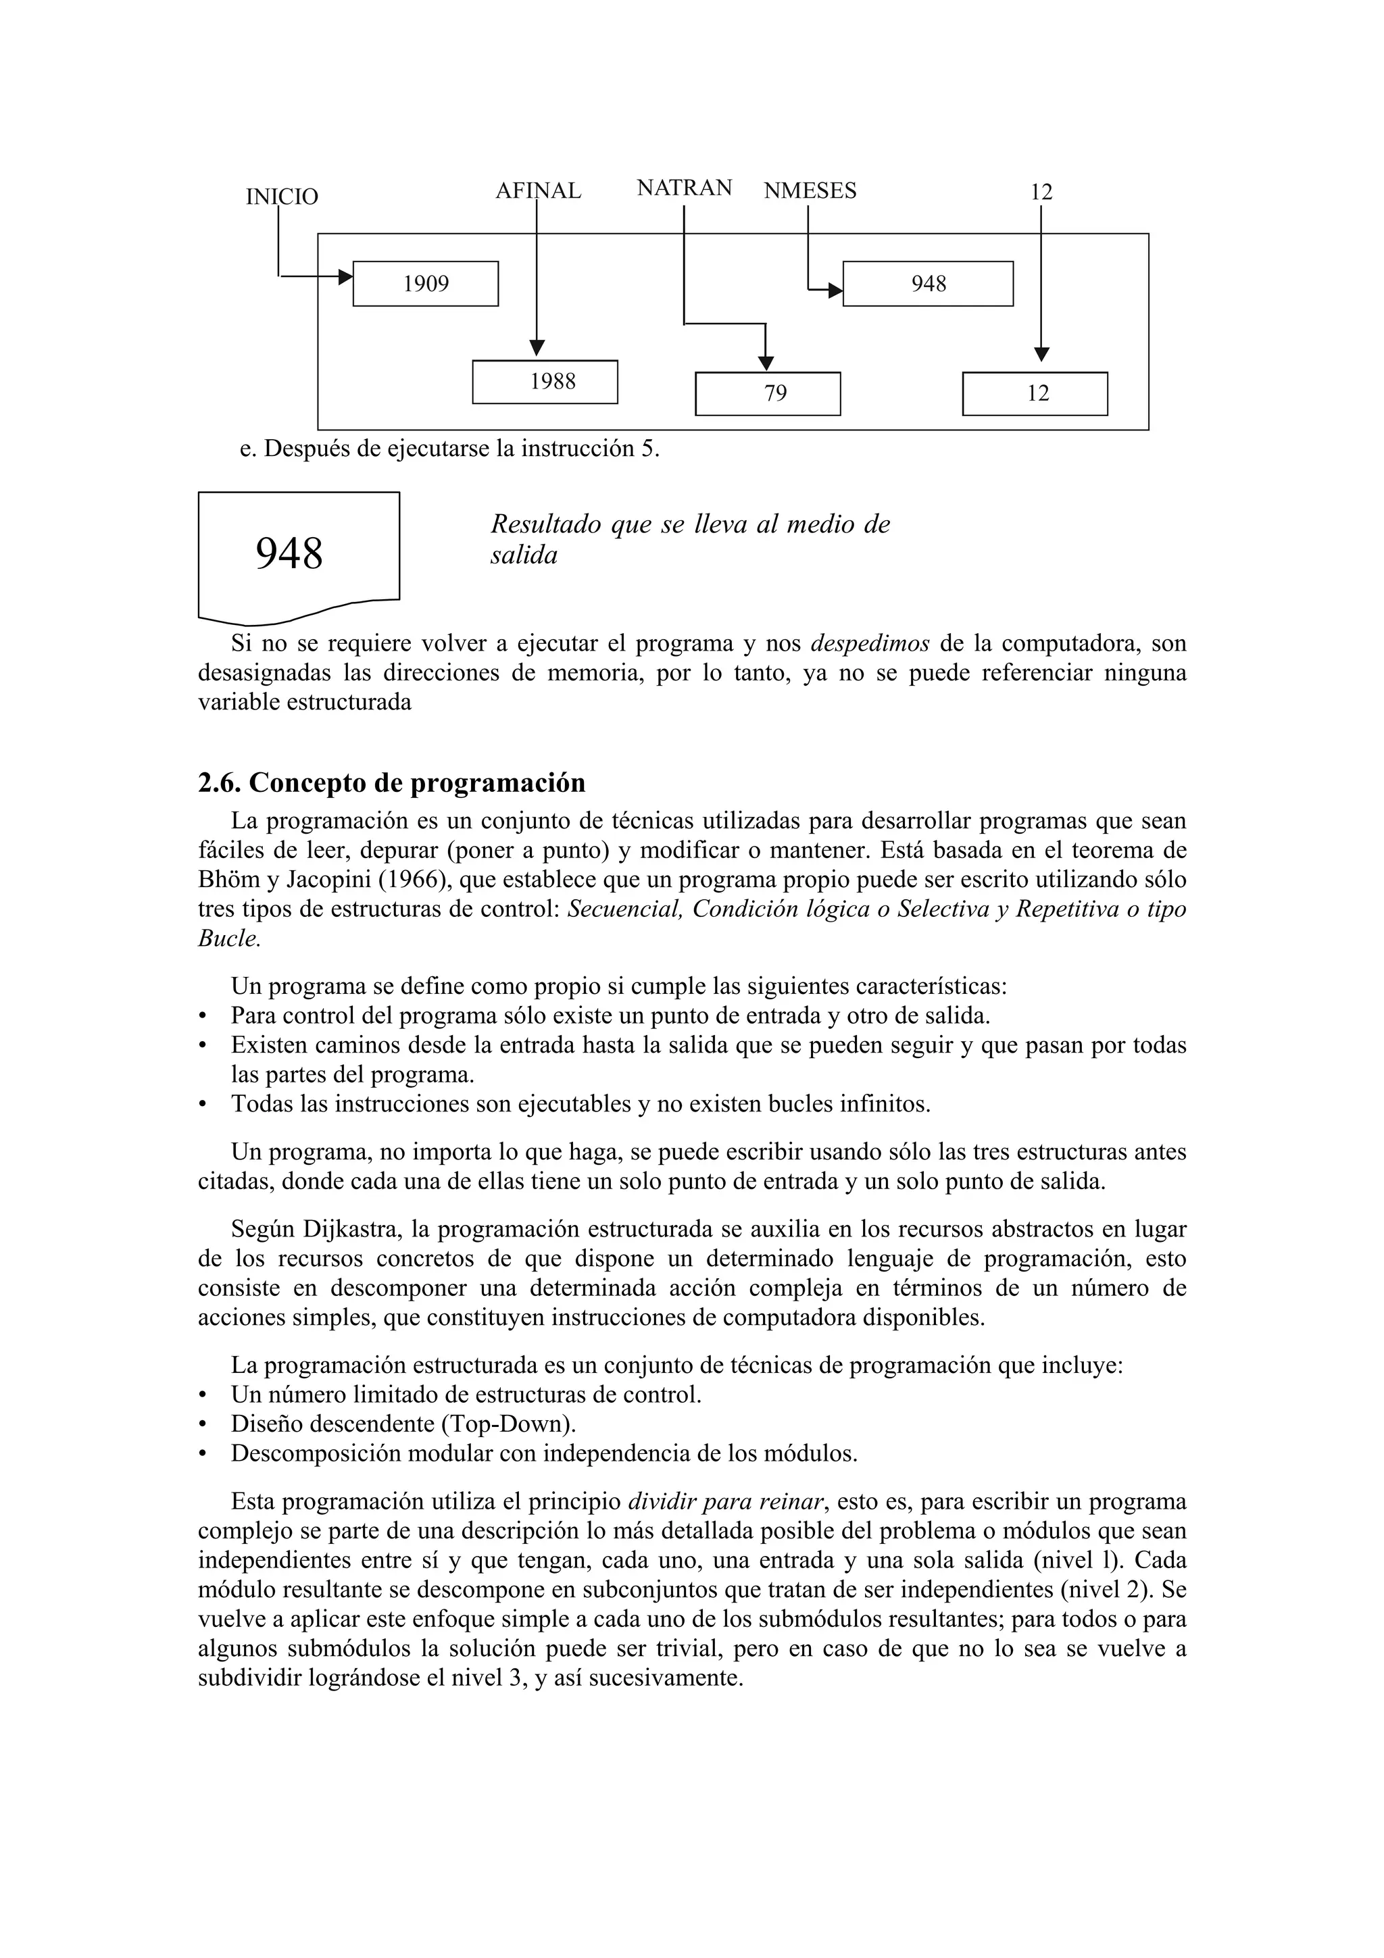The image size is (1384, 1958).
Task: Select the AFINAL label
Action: (x=538, y=191)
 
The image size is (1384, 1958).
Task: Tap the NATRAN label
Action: (x=684, y=188)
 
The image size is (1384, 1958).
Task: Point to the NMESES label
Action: (x=810, y=191)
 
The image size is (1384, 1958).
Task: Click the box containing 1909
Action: (x=426, y=284)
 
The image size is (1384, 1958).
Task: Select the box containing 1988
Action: (x=545, y=382)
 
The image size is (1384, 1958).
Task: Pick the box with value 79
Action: (x=768, y=394)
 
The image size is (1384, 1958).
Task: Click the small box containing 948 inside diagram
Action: (x=928, y=284)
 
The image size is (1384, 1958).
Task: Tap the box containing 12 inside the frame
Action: (x=1035, y=394)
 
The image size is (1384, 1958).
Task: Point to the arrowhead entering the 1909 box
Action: (x=345, y=276)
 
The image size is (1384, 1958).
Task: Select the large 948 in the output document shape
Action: (x=289, y=554)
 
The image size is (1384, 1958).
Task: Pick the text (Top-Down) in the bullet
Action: (x=505, y=1424)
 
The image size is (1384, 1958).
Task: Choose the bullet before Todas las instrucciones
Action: (x=202, y=1105)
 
